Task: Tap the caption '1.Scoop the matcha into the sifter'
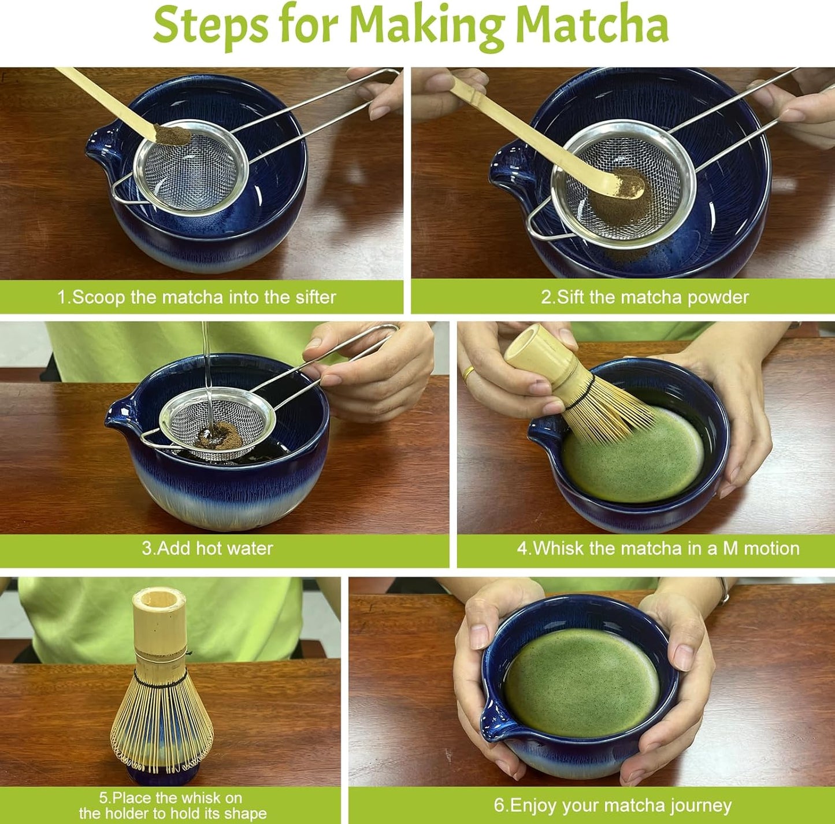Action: (196, 297)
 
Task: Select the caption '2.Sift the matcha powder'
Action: (644, 297)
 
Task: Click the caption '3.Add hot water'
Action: (207, 548)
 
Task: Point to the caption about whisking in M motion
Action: (658, 548)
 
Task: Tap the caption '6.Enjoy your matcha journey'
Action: (612, 805)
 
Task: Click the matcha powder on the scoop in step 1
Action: (172, 135)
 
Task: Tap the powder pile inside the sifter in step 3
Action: (218, 434)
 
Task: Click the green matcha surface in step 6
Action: (581, 682)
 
